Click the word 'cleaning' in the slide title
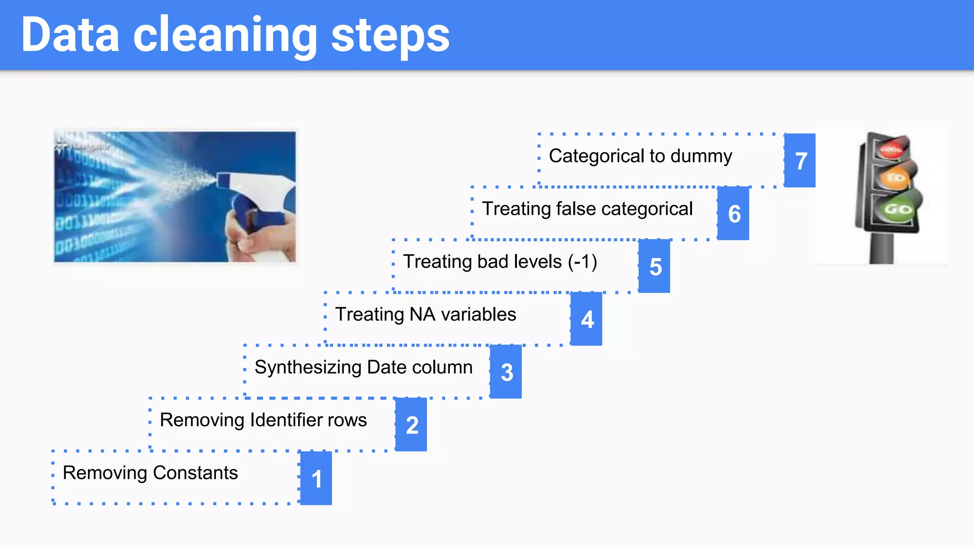point(224,36)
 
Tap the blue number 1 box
point(316,478)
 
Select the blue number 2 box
point(411,425)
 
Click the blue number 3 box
point(506,372)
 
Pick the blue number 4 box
point(586,319)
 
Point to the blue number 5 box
point(654,266)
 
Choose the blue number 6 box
point(733,214)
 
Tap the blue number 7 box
point(800,161)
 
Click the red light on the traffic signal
point(892,148)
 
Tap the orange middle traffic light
point(895,178)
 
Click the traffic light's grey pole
point(881,248)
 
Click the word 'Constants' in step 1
point(195,473)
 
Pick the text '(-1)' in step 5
point(583,262)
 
